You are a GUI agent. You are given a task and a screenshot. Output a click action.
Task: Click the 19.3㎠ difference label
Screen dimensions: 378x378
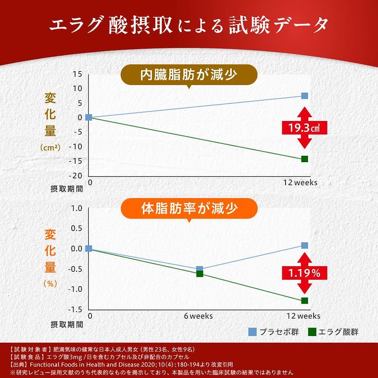pos(304,128)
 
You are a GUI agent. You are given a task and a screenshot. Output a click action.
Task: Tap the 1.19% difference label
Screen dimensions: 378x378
pos(304,273)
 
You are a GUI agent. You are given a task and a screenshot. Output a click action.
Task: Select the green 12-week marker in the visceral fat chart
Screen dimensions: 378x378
pos(304,159)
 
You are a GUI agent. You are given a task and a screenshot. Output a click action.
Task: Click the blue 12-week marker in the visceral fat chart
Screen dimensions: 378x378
pos(304,96)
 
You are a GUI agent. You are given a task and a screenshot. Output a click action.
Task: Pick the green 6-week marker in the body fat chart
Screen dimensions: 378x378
pos(199,274)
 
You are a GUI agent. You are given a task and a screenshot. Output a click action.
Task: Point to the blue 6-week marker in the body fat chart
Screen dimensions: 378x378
pos(199,268)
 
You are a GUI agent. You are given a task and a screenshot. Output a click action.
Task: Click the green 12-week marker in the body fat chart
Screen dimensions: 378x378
pos(304,301)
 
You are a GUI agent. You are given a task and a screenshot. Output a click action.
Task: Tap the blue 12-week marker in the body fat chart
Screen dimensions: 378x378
pos(304,245)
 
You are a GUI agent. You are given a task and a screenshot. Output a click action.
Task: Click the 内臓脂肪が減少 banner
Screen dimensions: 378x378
pos(189,75)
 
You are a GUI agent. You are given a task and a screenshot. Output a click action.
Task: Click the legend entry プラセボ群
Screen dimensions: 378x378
pos(274,332)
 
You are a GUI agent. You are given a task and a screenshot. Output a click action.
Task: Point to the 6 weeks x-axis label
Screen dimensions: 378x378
pos(198,316)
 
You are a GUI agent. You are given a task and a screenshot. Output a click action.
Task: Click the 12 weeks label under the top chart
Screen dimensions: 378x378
pos(300,183)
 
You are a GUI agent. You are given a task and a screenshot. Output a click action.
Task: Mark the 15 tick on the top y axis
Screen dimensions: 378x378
pos(77,74)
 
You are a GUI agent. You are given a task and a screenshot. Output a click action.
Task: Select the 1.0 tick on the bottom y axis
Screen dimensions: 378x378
pos(76,208)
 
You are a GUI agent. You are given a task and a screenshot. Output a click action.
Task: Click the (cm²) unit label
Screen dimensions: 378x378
pos(50,147)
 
